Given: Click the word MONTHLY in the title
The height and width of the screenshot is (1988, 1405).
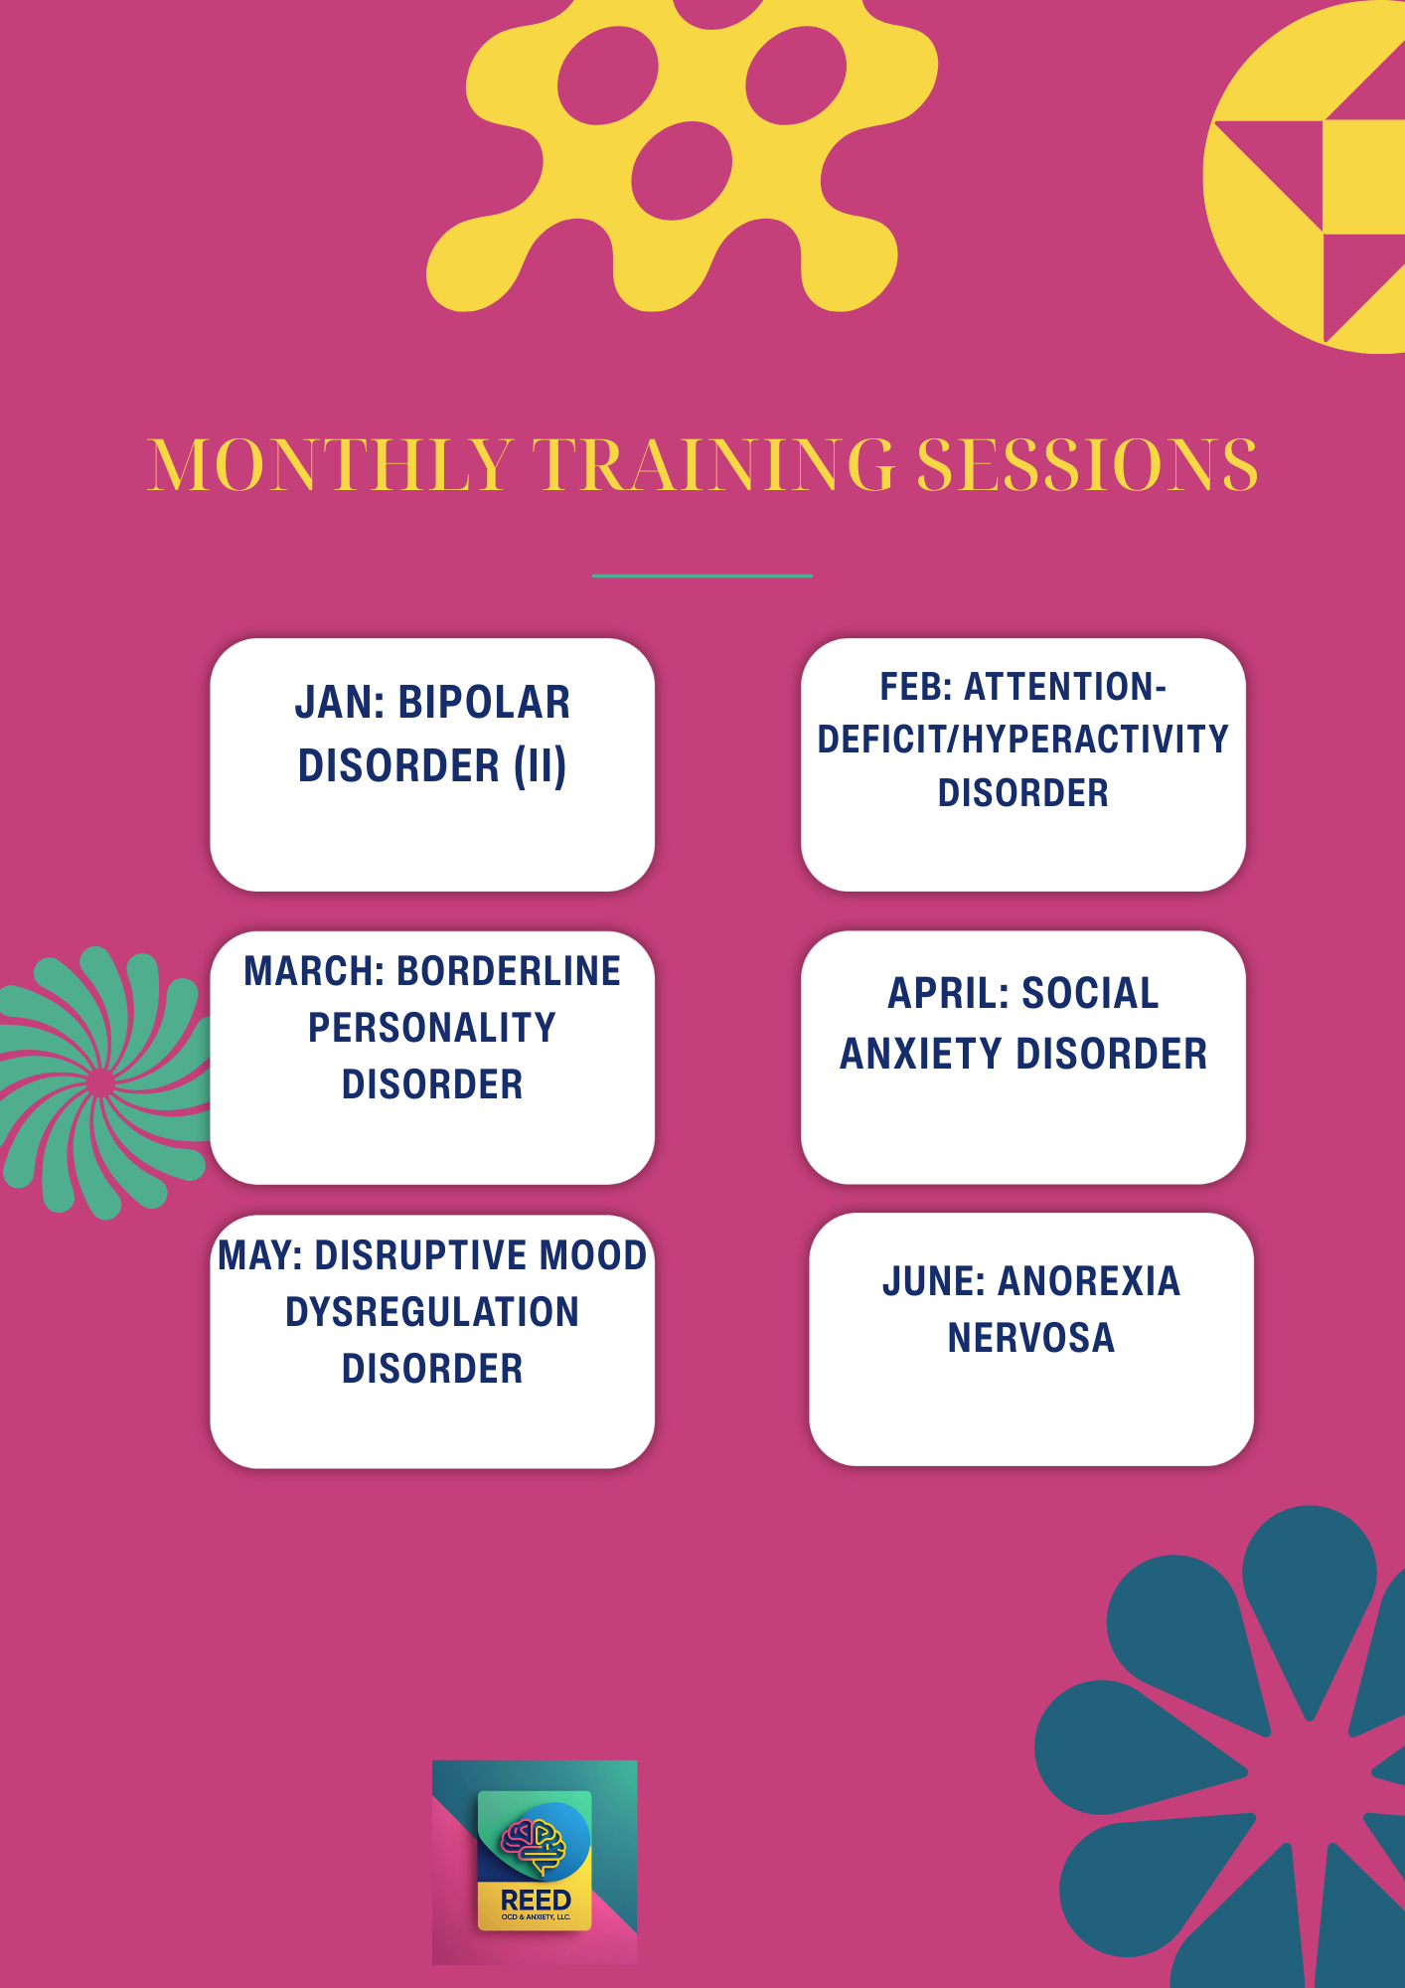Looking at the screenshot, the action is (x=331, y=464).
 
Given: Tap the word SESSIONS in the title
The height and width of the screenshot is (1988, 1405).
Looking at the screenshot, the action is (x=1087, y=464).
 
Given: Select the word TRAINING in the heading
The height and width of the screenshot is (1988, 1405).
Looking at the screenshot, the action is (x=714, y=464).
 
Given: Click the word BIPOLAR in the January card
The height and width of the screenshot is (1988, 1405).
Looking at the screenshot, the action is (x=484, y=703).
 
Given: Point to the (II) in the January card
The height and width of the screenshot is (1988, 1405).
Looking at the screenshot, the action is (x=541, y=766).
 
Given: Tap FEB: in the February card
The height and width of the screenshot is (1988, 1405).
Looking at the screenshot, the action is (x=915, y=687).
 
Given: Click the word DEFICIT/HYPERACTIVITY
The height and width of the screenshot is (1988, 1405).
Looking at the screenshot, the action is (x=1023, y=740).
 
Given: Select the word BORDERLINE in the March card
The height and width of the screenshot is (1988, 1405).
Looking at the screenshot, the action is (x=509, y=971).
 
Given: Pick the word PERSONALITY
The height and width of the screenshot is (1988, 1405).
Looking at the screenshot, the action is (x=432, y=1028).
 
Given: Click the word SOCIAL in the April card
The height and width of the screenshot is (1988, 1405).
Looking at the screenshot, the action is (x=1090, y=993).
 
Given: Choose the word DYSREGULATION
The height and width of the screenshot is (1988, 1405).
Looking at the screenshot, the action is (x=432, y=1312).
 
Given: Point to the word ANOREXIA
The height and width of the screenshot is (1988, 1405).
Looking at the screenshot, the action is (x=1089, y=1281).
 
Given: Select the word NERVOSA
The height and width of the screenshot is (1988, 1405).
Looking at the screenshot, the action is (x=1031, y=1338).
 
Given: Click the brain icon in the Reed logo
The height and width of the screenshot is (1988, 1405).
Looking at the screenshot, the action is (x=534, y=1845).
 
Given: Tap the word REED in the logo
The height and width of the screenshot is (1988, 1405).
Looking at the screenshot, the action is (x=536, y=1901).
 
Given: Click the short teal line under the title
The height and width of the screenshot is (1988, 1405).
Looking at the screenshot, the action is (x=702, y=576).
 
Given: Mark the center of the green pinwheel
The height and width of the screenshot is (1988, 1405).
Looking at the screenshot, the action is (x=99, y=1082).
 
